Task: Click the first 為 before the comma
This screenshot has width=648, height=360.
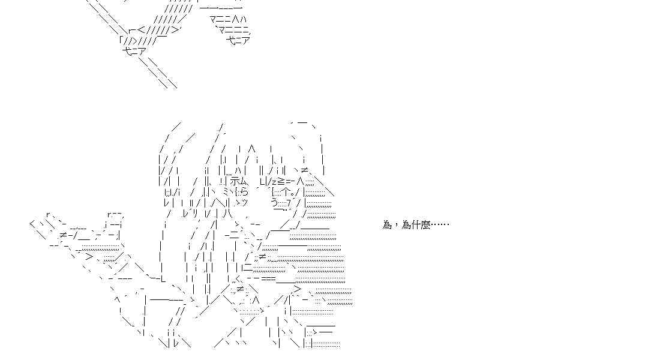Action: coord(386,225)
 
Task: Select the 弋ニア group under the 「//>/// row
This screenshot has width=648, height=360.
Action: coord(133,51)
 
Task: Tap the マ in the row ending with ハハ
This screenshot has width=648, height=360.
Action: coord(214,20)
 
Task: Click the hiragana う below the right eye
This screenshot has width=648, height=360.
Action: coord(274,203)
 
